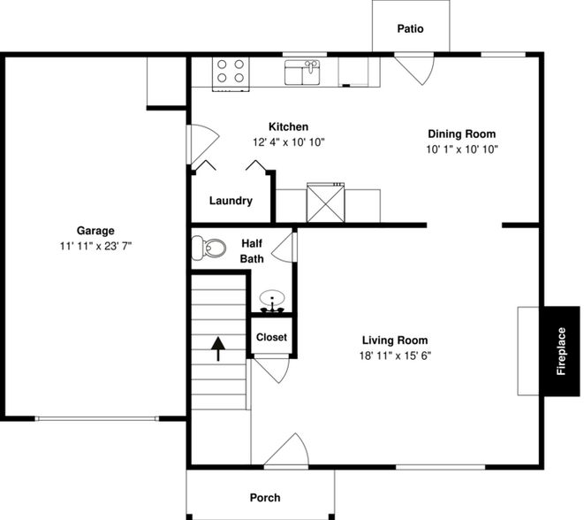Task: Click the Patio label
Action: [410, 29]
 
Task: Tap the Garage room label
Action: [95, 231]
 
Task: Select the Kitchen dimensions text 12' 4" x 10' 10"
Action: [289, 141]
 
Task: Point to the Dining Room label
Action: [461, 134]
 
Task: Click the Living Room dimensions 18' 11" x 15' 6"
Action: [395, 356]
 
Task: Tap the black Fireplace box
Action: [561, 351]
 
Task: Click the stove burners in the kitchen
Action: [231, 71]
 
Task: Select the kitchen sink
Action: [301, 71]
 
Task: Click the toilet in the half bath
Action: [208, 248]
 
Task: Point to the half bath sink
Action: [272, 301]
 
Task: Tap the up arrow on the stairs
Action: [217, 348]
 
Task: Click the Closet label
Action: [271, 337]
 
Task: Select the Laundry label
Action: [231, 201]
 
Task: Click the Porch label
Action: [264, 498]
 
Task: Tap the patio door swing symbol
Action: [413, 69]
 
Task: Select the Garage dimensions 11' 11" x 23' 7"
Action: [95, 246]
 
